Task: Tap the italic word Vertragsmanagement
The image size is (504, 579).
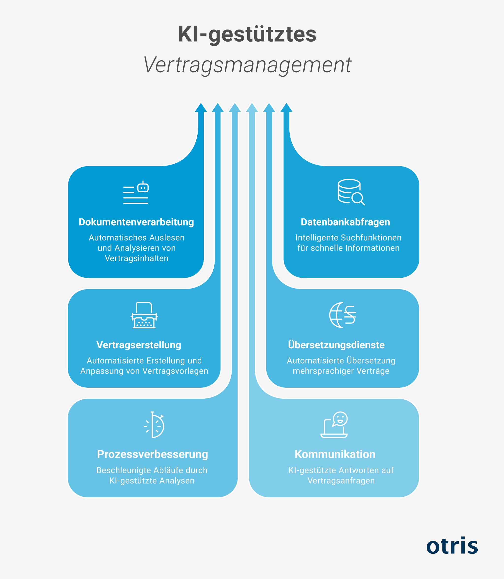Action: tap(247, 65)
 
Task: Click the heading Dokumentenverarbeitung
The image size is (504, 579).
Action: tap(136, 222)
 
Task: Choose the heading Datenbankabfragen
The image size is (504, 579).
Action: tap(345, 222)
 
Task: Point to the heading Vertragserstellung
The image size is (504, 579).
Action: tap(139, 345)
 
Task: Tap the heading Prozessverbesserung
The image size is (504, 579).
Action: tap(152, 454)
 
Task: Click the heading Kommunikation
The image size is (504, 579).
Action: tap(335, 454)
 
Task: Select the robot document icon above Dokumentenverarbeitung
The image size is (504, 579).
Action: tap(136, 192)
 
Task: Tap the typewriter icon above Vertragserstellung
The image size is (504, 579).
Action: tap(144, 315)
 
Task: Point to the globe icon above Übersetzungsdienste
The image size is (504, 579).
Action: tap(343, 315)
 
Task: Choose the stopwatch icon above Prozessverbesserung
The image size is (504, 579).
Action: tap(154, 425)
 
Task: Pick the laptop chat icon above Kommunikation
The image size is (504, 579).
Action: tap(334, 425)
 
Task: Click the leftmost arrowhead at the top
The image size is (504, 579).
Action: tap(201, 108)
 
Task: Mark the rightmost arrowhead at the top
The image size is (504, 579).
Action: tap(286, 108)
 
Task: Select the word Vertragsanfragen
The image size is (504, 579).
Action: tap(341, 481)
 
